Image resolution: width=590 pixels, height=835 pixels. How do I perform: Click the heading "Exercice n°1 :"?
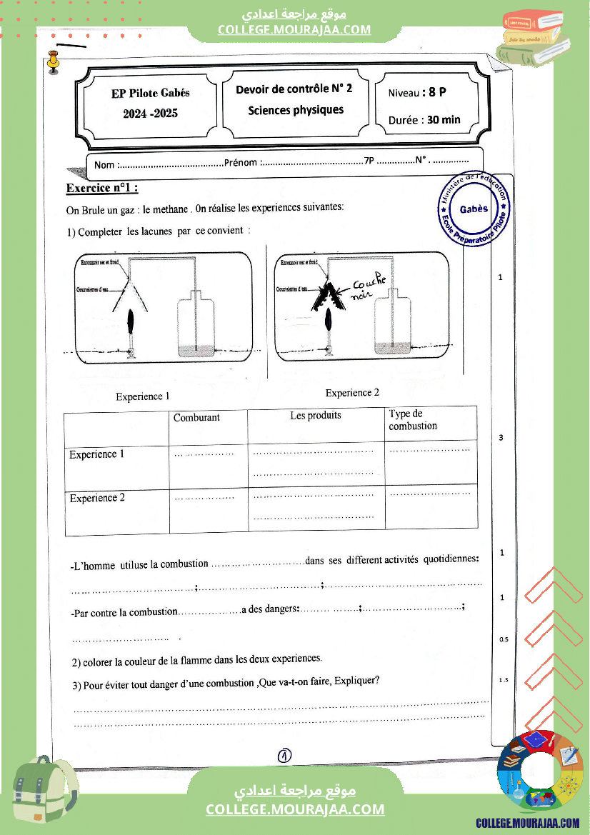(101, 189)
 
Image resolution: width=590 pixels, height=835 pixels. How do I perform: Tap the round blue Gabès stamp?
(474, 209)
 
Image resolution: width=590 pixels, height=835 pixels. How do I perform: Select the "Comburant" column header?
(196, 417)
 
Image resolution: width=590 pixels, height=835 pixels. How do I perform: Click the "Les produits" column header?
(316, 415)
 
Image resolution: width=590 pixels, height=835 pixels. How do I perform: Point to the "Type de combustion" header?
(413, 420)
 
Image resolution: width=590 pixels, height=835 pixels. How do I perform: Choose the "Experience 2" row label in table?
(97, 498)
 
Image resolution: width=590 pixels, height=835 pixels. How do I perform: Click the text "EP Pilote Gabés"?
(151, 93)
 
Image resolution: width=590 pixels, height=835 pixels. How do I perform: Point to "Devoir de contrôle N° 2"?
(294, 89)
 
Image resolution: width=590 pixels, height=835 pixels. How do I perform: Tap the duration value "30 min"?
(444, 120)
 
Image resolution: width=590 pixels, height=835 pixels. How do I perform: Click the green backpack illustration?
(44, 794)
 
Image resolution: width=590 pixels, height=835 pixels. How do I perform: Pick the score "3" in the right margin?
(501, 437)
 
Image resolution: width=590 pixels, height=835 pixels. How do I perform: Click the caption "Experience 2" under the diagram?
(352, 393)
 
